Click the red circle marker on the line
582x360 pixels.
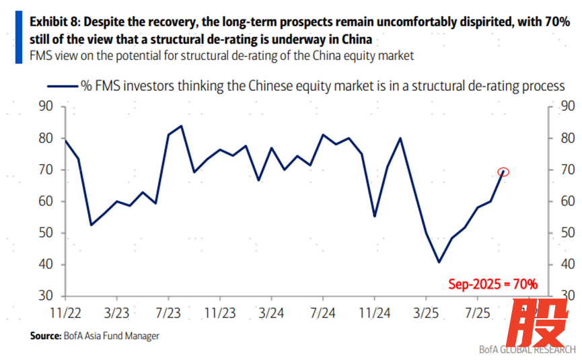pos(503,172)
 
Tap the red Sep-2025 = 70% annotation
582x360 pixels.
pos(493,285)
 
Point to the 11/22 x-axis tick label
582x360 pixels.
pos(65,314)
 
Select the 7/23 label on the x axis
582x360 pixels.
pos(168,314)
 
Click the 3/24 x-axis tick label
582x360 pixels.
pos(271,314)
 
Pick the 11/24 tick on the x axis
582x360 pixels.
pos(374,314)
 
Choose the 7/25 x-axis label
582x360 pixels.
pos(477,314)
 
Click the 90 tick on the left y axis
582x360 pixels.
pos(46,106)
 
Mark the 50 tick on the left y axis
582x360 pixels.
pos(46,233)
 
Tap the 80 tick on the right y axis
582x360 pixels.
pos(567,138)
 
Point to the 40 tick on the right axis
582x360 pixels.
pos(567,264)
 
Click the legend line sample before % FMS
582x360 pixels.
pos(62,85)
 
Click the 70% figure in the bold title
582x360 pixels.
pos(555,22)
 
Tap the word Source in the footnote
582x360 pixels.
pos(44,335)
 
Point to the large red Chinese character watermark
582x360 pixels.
pos(537,322)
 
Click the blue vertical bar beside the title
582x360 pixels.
pos(18,38)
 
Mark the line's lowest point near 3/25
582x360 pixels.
pos(439,262)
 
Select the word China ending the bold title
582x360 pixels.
pos(355,39)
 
